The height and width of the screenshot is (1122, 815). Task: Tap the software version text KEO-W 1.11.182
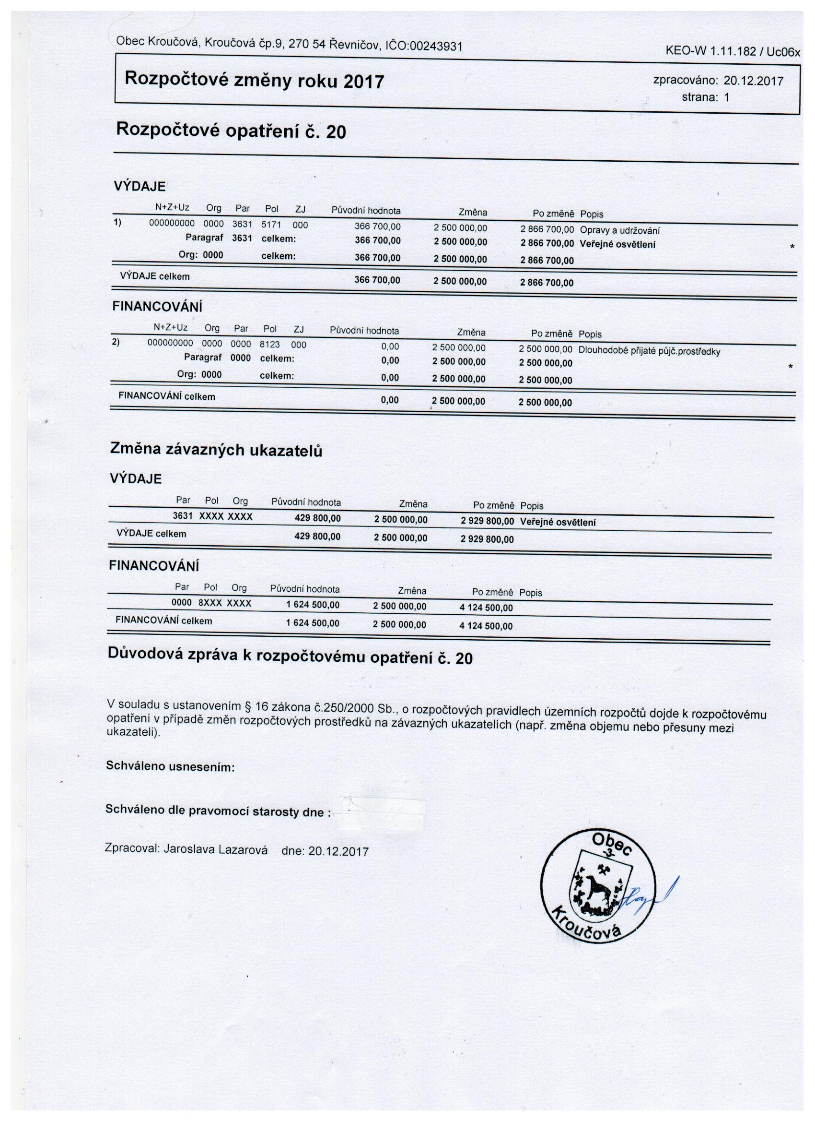coord(712,51)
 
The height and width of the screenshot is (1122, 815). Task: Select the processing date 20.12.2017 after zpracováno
coord(753,81)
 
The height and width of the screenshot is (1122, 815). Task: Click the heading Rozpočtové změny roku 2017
coord(254,80)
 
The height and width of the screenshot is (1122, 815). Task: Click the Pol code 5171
coord(271,225)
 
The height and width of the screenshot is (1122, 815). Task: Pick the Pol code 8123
coord(269,345)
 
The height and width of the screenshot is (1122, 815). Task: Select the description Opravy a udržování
coord(620,230)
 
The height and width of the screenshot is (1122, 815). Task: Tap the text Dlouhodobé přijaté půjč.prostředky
coord(650,352)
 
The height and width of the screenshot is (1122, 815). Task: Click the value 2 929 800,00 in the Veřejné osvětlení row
coord(487,522)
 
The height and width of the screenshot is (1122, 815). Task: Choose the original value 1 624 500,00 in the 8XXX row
coord(313,605)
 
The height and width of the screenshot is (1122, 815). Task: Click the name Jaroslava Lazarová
coord(215,850)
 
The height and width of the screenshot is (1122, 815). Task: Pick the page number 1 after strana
coord(726,97)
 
